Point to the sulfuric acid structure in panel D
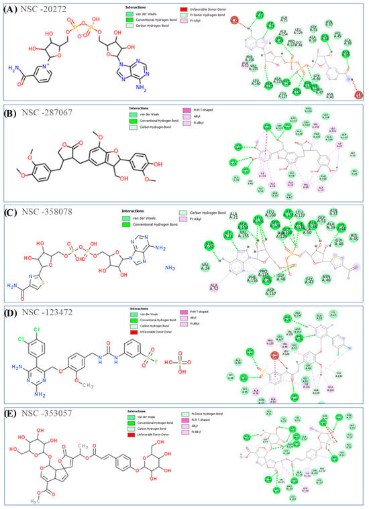click(x=191, y=361)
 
